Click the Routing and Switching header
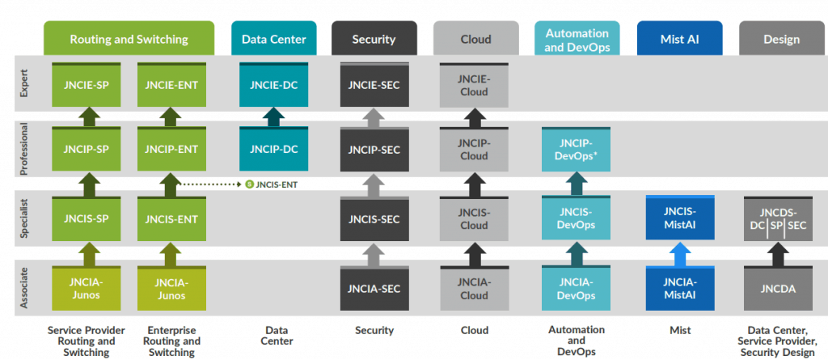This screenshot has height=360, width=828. [x=129, y=39]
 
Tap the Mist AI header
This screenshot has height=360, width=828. [x=679, y=39]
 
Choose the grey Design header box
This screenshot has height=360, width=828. [x=781, y=39]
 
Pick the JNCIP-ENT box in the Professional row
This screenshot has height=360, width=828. [x=171, y=150]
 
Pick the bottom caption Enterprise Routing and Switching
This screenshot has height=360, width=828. [x=171, y=341]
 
